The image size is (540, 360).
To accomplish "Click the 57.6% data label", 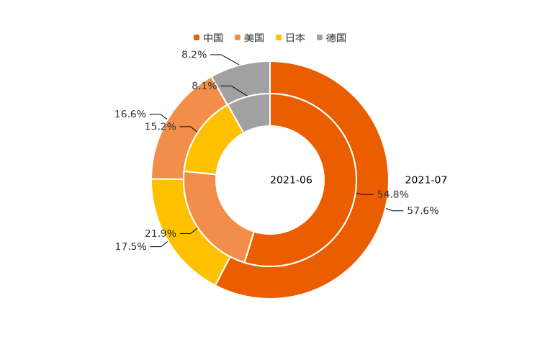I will point(423,211).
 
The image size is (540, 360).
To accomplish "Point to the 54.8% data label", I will point(393,194).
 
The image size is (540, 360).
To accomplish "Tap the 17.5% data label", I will point(130,247).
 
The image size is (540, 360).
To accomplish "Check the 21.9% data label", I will point(160,233).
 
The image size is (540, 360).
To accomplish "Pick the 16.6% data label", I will point(130,114).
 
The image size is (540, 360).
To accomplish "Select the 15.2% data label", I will point(160,127).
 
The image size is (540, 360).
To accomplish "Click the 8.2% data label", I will point(194,55).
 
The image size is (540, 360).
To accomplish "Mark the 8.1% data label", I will point(204,86).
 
